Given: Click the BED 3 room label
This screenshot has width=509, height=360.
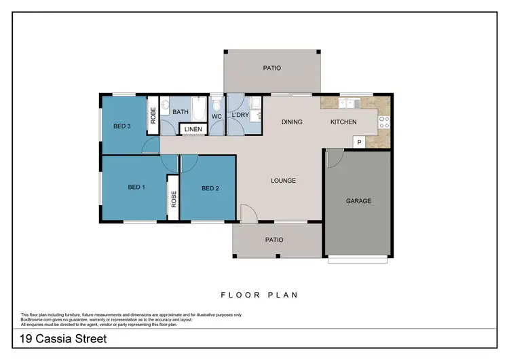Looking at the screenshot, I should (122, 125).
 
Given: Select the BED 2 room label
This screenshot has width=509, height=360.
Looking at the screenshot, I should (210, 188).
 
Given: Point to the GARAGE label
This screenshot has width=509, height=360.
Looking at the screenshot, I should (358, 201).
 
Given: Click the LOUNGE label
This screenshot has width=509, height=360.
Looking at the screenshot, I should (283, 181).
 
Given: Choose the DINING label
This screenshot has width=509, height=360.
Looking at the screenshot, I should (292, 122).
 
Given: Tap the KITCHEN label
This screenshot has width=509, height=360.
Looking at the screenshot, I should (343, 122).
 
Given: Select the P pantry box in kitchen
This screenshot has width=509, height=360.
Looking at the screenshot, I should (359, 141).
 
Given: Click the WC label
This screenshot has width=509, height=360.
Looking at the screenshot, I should (216, 117).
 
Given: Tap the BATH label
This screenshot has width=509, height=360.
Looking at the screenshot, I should (180, 112).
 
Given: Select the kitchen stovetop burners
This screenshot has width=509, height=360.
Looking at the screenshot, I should (383, 122).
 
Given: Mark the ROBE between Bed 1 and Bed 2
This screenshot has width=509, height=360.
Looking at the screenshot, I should (174, 198).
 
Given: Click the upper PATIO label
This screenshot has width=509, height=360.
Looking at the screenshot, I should (272, 68).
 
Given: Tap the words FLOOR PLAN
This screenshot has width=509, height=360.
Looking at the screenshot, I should (260, 295).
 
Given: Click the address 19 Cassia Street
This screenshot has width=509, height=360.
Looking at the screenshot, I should (62, 338).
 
